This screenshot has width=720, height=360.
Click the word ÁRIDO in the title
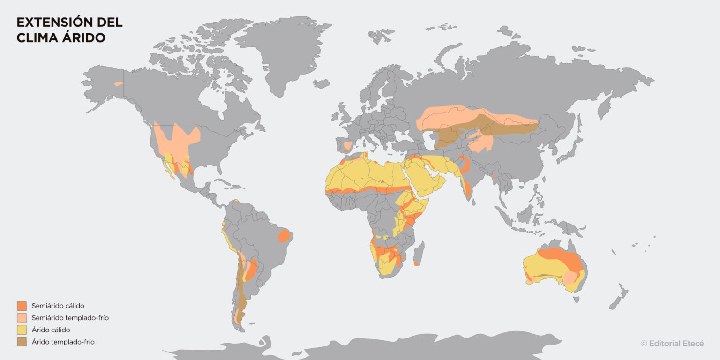point(84,38)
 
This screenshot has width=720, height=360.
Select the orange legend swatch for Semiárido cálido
point(22,306)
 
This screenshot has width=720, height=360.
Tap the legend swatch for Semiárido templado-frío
point(22,318)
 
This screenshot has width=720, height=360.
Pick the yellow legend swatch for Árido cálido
point(22,330)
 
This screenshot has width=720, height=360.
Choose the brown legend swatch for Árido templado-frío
point(22,342)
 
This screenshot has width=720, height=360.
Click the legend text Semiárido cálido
point(58,306)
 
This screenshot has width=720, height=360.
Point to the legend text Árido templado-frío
point(63,342)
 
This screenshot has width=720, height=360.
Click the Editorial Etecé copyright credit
point(672,344)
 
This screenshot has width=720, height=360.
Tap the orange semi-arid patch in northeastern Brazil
point(284,235)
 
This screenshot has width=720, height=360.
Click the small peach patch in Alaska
point(119,84)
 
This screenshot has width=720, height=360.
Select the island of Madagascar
point(419,253)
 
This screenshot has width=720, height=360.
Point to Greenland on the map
point(281,52)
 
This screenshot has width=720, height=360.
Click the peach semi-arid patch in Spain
point(347,146)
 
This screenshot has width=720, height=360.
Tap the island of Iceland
point(322,84)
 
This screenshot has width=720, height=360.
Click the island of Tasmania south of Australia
point(576,300)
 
